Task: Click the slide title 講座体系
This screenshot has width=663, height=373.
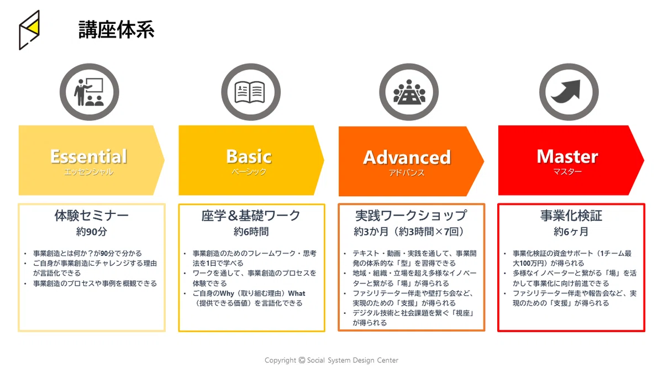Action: coord(117,30)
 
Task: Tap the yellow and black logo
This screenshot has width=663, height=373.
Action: coord(29,30)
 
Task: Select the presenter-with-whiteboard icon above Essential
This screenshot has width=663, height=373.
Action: coord(89,92)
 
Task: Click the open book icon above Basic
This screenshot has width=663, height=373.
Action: coord(250,92)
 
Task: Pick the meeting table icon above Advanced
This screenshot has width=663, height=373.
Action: coord(409,92)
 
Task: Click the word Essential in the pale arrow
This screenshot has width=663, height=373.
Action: coord(88,156)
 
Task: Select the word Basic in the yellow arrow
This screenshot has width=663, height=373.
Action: coord(249,156)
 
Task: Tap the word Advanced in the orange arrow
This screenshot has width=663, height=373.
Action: coord(407,157)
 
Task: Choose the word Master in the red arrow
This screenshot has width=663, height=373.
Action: coord(567,156)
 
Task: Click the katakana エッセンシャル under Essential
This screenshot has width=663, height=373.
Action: coord(88,172)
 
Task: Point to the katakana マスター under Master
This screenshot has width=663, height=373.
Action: coord(567,171)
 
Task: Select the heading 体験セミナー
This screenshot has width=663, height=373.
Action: coord(92,215)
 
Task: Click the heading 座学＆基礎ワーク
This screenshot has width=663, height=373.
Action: coord(251,215)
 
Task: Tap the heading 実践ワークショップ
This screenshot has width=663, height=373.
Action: coord(411,215)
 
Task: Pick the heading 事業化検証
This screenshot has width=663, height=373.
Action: coord(571,215)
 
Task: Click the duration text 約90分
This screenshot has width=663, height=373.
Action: coord(92,232)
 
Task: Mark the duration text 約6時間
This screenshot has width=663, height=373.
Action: coord(251,232)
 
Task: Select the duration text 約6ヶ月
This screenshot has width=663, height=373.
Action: coord(571,232)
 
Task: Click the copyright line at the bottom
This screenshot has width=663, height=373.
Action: coord(331,360)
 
